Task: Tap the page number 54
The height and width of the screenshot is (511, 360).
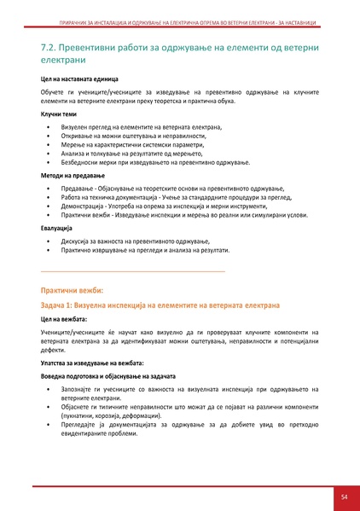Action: (343, 496)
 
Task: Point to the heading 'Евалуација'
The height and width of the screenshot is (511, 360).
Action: (56, 229)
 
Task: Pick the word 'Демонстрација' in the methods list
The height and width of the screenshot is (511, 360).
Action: (83, 206)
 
